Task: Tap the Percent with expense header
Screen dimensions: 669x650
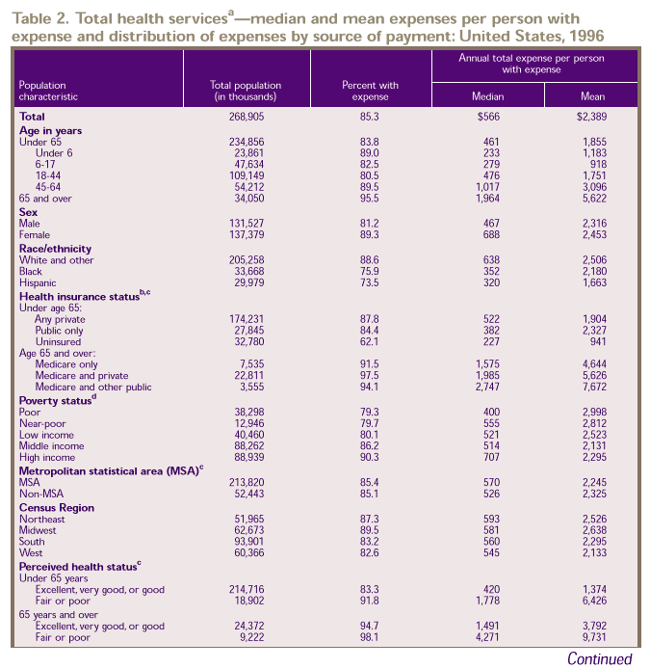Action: [370, 91]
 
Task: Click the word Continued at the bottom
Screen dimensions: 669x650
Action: [600, 659]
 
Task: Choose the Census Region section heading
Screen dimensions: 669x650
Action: [57, 507]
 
